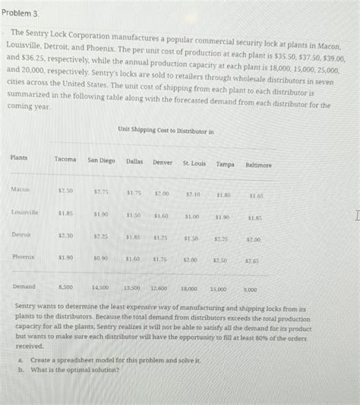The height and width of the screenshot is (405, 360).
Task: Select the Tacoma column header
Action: coord(65,160)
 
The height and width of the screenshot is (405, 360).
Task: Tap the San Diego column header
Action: coord(101,160)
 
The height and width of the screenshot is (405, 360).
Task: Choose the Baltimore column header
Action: coord(258,164)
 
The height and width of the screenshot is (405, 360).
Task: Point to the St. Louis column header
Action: coord(194,163)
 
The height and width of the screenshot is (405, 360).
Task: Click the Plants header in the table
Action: coord(19,158)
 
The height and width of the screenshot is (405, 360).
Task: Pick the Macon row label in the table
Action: coord(21,188)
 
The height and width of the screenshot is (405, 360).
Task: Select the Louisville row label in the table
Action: coord(25,212)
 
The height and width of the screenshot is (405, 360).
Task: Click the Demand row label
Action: coord(24,287)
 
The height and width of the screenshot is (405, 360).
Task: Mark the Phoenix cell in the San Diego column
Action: coord(101,258)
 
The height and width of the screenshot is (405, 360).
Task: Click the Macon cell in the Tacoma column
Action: coord(65,190)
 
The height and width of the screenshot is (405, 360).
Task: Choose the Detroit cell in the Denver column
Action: coord(160,237)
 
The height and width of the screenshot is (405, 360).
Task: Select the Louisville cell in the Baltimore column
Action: coord(254,218)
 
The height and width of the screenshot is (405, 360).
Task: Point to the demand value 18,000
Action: coord(190,290)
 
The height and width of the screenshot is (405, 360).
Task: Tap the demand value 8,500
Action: coord(65,288)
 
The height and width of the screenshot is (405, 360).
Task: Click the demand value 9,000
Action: coord(250,290)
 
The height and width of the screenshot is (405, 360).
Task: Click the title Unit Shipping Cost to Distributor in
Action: coord(166,131)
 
